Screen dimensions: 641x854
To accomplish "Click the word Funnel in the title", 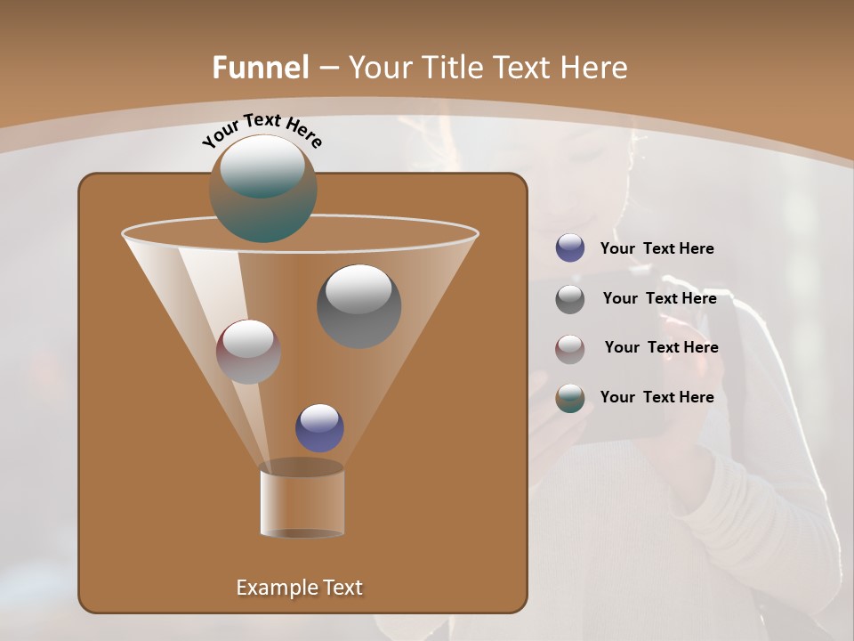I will pyautogui.click(x=261, y=67).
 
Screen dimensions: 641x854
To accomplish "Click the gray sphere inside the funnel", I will pyautogui.click(x=359, y=306).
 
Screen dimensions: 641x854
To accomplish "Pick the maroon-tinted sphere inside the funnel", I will pyautogui.click(x=248, y=352).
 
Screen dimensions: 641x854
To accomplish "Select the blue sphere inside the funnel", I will pyautogui.click(x=319, y=428).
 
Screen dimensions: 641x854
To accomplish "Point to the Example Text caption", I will pyautogui.click(x=299, y=588).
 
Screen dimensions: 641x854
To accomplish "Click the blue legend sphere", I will pyautogui.click(x=570, y=248).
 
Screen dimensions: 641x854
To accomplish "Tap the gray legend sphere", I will pyautogui.click(x=570, y=299).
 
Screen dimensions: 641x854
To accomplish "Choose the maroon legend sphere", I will pyautogui.click(x=570, y=349).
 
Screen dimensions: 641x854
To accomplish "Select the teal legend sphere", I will pyautogui.click(x=570, y=398).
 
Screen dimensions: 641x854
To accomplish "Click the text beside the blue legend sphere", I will pyautogui.click(x=657, y=248).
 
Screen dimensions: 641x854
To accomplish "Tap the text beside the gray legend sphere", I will pyautogui.click(x=659, y=298).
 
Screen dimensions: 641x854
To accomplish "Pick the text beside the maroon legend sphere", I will pyautogui.click(x=661, y=347).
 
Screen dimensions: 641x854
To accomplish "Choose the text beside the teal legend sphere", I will pyautogui.click(x=657, y=397).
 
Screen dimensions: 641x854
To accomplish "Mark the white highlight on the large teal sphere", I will pyautogui.click(x=262, y=166).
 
